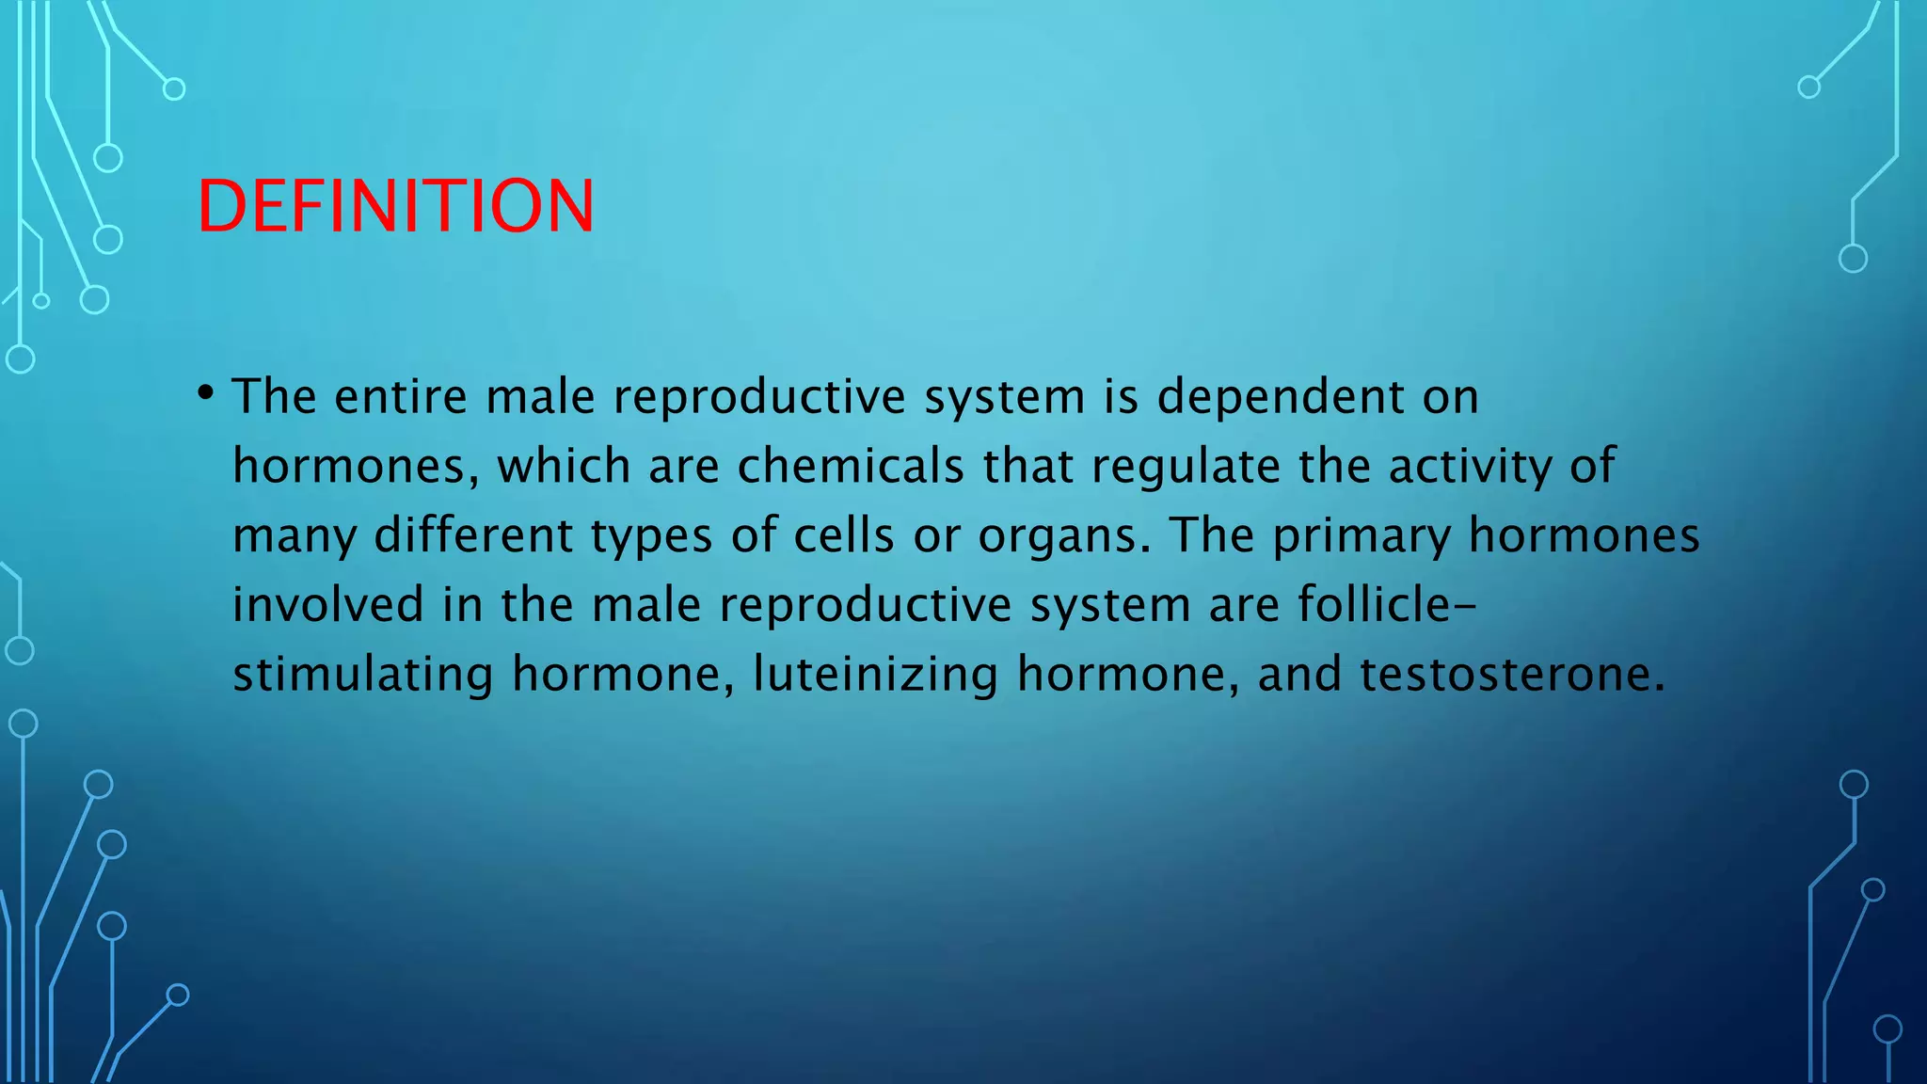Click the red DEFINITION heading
click(x=395, y=206)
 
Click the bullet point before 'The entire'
click(x=206, y=392)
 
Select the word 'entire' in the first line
click(x=401, y=396)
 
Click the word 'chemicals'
click(x=851, y=466)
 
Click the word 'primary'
click(x=1362, y=536)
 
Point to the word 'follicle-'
click(x=1386, y=604)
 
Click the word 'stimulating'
click(x=363, y=675)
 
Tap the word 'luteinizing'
click(x=875, y=675)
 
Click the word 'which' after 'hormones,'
click(x=564, y=466)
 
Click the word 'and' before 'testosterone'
click(x=1299, y=675)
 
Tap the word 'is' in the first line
click(x=1121, y=396)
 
